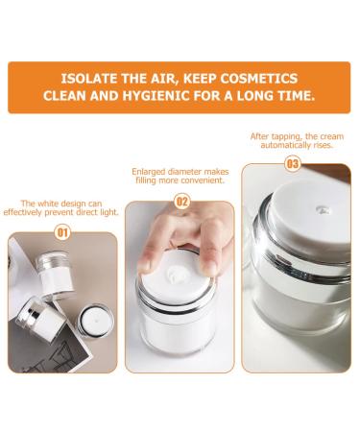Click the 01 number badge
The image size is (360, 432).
(x=62, y=232)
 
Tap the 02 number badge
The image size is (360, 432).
(x=181, y=202)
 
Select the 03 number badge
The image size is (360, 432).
(x=293, y=164)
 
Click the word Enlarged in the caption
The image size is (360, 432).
(x=148, y=172)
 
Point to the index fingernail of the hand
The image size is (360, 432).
(x=145, y=263)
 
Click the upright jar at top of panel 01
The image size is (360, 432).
(x=54, y=276)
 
